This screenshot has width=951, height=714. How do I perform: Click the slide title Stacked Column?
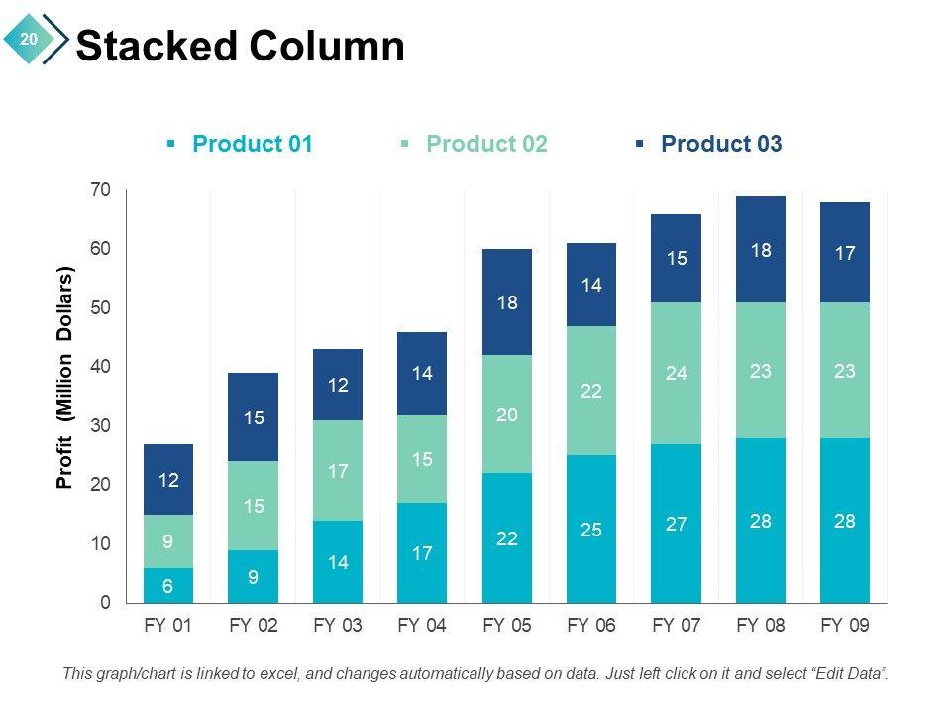tap(240, 47)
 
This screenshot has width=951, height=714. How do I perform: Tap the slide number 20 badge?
tap(28, 39)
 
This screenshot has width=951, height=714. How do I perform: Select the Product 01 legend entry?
tap(252, 144)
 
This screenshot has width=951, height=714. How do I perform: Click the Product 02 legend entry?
tap(485, 144)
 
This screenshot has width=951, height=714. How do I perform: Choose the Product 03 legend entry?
tap(720, 144)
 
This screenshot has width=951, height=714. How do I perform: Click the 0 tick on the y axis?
tap(105, 603)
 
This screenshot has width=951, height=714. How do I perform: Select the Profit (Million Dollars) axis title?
tap(65, 377)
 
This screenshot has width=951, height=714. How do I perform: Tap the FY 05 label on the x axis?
tap(507, 626)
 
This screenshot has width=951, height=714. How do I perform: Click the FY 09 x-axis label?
tap(845, 626)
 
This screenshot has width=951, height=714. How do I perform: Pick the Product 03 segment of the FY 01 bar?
tap(168, 479)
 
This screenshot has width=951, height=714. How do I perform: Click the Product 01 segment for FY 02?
tap(253, 576)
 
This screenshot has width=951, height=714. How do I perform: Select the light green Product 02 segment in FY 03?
tap(338, 471)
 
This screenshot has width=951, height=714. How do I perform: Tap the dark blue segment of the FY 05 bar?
tap(507, 302)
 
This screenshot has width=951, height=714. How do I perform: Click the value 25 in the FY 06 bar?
tap(591, 530)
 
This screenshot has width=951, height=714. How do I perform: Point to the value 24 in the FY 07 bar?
tap(676, 373)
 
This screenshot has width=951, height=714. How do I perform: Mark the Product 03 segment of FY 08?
tap(761, 250)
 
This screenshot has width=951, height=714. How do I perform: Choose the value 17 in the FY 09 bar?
tap(845, 253)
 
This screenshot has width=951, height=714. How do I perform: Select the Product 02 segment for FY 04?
tap(422, 459)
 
